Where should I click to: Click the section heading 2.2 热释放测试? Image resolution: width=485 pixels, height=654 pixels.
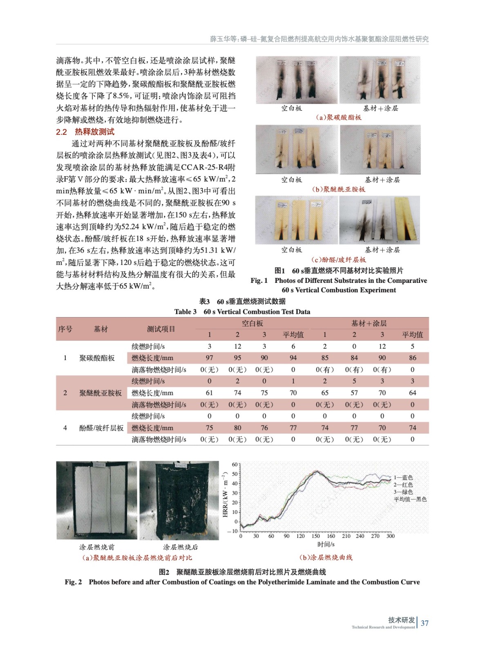coord(85,132)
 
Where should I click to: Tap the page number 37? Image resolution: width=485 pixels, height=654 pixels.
coord(425,623)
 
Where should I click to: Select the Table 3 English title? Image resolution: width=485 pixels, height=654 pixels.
coord(242,311)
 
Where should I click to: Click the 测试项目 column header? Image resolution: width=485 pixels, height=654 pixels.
coord(161,329)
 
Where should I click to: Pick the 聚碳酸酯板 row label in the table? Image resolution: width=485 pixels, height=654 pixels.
coord(97,358)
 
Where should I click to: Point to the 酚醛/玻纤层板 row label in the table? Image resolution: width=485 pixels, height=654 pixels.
coord(101,428)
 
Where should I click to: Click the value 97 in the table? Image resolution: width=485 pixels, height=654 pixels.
coord(209,358)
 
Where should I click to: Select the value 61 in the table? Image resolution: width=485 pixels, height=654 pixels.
coord(209,393)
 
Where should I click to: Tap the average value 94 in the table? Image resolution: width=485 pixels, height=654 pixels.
coord(293,358)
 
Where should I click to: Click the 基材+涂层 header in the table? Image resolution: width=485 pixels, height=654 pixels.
coord(369,323)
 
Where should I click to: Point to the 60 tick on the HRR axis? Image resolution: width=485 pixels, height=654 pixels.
coord(235,464)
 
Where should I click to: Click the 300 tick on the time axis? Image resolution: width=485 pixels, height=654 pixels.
coord(391,536)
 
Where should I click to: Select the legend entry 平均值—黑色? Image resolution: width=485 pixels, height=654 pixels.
coord(410,499)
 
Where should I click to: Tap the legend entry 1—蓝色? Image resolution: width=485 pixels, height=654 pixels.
coord(403,477)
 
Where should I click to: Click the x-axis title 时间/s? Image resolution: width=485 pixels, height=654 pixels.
coord(326,544)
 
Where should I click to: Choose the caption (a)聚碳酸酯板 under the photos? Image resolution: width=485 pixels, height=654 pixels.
coord(338,117)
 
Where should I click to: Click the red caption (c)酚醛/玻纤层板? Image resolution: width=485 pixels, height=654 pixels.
coord(338,260)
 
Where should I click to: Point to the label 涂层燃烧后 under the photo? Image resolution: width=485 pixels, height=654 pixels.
coord(180,547)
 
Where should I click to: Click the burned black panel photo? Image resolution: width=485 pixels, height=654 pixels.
coord(179,500)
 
